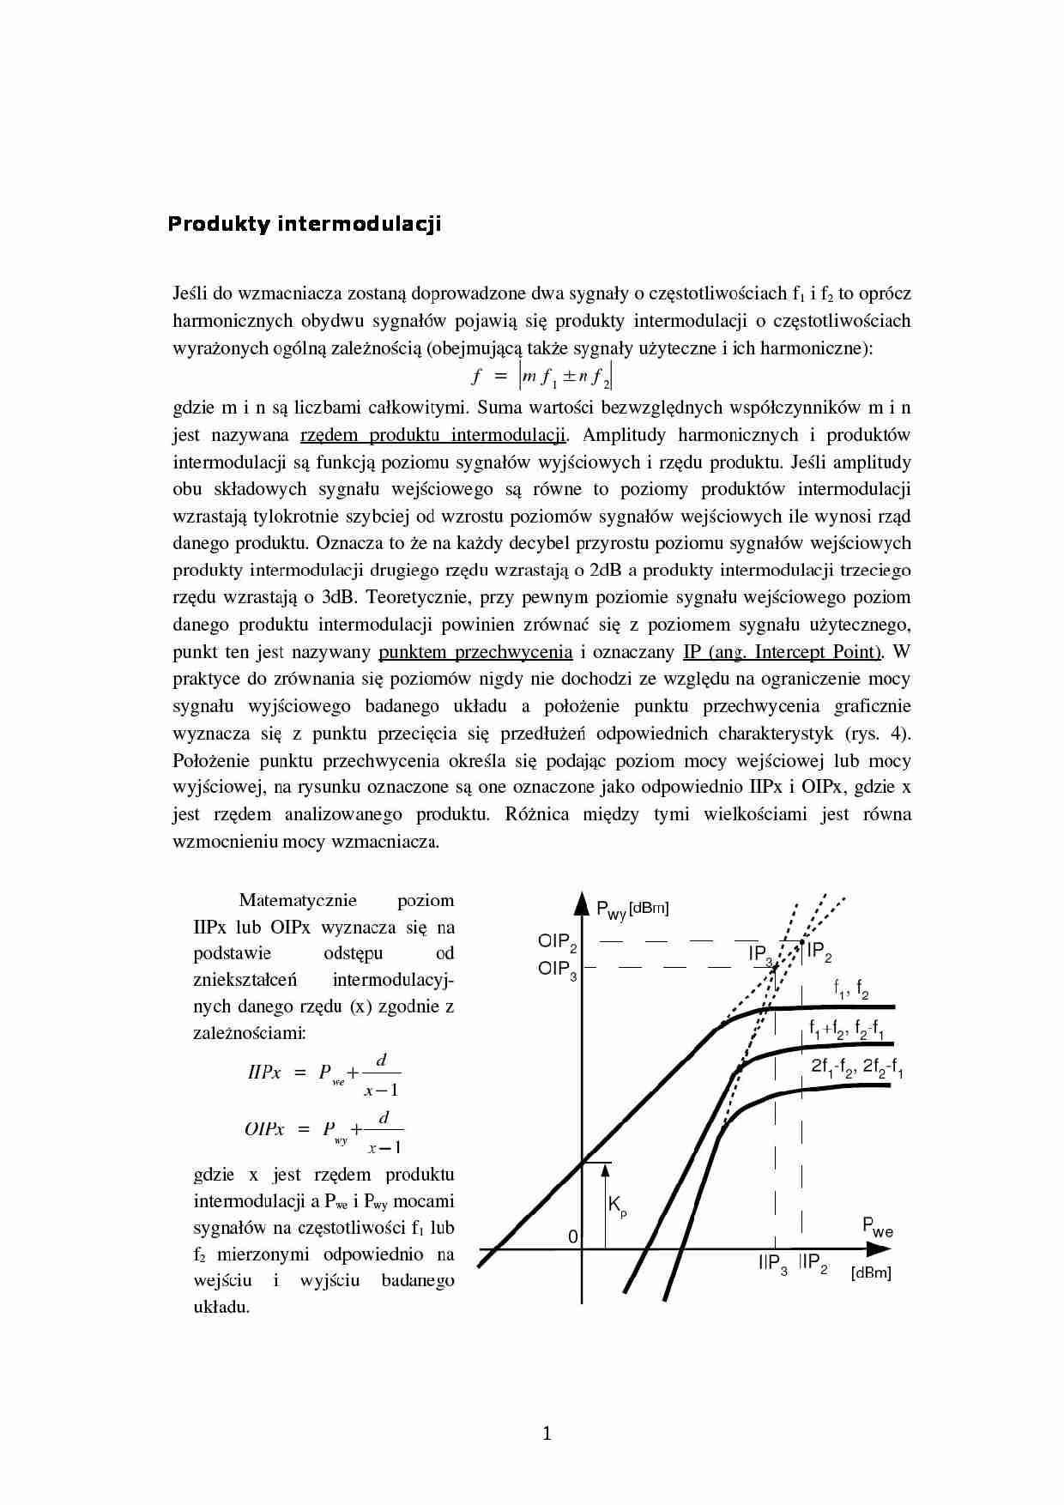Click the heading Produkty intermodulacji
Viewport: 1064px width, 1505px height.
tap(304, 224)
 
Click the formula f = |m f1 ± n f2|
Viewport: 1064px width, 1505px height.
tap(543, 377)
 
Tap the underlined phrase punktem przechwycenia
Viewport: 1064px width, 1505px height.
tap(475, 652)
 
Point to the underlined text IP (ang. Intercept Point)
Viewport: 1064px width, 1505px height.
tap(783, 652)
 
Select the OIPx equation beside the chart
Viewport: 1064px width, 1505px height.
tap(323, 1130)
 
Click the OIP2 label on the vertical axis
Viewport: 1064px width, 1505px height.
tap(557, 942)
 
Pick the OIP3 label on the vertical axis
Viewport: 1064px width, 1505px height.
tap(557, 970)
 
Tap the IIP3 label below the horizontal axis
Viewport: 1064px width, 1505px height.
tap(772, 1264)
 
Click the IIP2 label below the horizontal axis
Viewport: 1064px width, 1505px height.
tap(813, 1263)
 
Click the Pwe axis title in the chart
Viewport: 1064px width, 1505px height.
tap(877, 1228)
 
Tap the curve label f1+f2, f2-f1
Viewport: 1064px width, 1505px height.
tap(847, 1029)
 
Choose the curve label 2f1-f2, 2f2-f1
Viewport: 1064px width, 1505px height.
tap(856, 1067)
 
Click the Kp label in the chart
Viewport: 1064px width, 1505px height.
tap(617, 1206)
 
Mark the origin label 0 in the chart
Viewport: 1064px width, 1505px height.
tap(573, 1236)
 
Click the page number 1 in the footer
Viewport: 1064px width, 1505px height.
tap(547, 1433)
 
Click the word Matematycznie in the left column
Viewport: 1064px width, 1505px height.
tap(297, 900)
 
